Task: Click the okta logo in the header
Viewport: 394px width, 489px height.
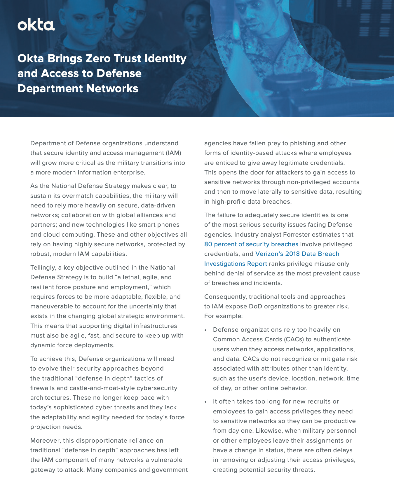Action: tap(36, 25)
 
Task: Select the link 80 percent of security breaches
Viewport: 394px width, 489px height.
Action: tap(251, 244)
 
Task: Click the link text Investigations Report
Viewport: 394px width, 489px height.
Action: tap(236, 264)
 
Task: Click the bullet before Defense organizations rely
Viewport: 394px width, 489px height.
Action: tap(206, 330)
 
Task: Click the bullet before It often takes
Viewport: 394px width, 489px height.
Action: tap(206, 402)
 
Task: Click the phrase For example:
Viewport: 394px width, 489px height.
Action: tap(224, 316)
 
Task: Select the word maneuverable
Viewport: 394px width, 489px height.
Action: tap(52, 306)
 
